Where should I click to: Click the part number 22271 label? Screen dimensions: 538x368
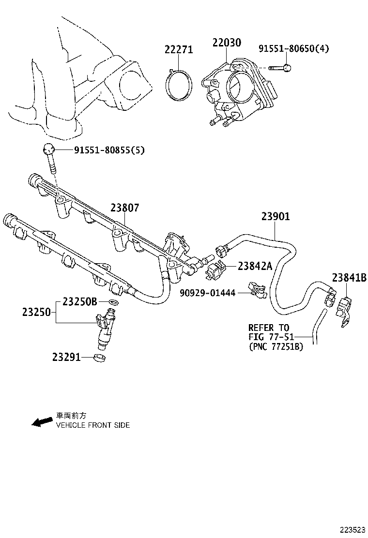point(178,49)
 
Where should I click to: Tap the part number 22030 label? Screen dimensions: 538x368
point(226,43)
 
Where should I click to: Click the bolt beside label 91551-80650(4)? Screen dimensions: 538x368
point(278,69)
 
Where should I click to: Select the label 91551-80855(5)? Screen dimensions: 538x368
point(109,150)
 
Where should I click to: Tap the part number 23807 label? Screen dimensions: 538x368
point(124,208)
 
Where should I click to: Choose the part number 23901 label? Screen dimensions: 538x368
point(276,217)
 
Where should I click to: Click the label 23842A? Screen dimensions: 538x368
point(255,266)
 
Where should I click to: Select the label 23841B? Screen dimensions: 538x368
point(349,277)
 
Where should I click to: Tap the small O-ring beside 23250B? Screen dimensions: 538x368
point(112,302)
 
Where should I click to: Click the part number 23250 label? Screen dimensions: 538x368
point(36,313)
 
